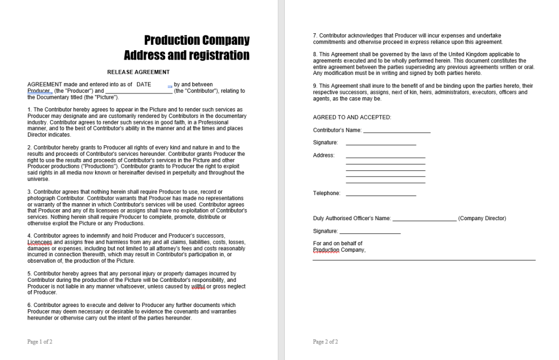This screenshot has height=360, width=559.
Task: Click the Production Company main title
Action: click(197, 40)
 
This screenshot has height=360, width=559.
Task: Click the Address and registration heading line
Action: click(186, 55)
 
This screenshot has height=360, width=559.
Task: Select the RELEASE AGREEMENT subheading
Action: click(138, 72)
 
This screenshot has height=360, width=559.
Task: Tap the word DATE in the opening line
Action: click(144, 85)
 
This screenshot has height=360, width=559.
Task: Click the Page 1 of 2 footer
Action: click(40, 342)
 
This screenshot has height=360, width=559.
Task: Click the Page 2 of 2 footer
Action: click(326, 342)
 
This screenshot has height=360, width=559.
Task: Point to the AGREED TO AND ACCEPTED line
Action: click(352, 117)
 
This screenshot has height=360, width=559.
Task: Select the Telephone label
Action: click(326, 193)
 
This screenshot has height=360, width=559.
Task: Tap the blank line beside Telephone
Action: click(381, 194)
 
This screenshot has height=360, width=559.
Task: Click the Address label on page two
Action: click(323, 156)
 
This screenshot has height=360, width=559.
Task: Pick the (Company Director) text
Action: click(482, 219)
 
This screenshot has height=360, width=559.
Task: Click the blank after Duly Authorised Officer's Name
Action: click(425, 219)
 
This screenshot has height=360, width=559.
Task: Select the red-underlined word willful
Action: click(198, 286)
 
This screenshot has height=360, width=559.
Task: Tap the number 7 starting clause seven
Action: click(315, 36)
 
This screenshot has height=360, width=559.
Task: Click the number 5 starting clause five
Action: click(29, 274)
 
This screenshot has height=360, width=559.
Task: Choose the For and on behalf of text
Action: click(337, 244)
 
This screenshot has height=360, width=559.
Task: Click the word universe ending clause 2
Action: click(38, 179)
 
